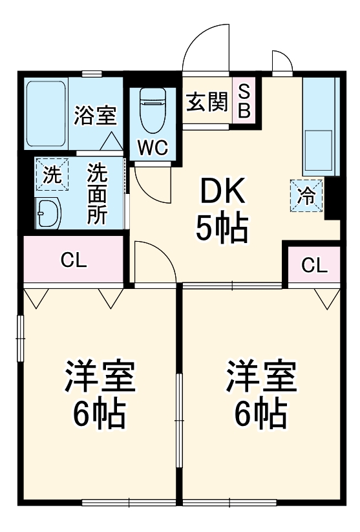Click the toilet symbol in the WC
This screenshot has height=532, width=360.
click(153, 106)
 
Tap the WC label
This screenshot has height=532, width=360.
click(153, 147)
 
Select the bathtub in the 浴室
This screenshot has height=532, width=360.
click(45, 112)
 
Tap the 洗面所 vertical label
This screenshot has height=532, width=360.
click(97, 194)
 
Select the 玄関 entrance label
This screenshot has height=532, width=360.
click(207, 102)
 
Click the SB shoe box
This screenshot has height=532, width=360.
click(244, 101)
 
